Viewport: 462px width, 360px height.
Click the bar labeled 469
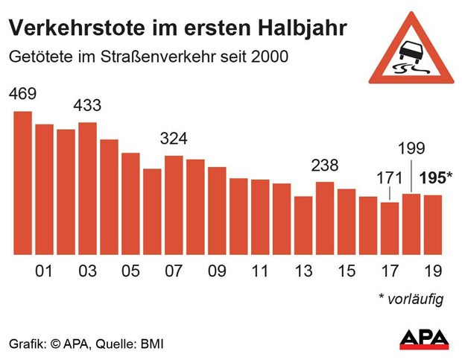click(x=23, y=183)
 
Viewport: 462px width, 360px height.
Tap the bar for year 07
click(x=174, y=205)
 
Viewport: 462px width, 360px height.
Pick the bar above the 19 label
click(x=433, y=224)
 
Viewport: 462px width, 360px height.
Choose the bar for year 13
click(x=303, y=225)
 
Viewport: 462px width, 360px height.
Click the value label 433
click(x=87, y=105)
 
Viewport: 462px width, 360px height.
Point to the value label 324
click(x=174, y=139)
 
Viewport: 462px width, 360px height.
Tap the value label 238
click(x=325, y=165)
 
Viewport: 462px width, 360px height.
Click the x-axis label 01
click(x=45, y=271)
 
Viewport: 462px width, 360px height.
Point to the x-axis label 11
click(x=260, y=271)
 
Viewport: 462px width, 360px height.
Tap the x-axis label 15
click(x=346, y=271)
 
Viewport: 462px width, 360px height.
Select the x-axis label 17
click(x=390, y=271)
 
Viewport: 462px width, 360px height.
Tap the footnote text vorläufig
click(x=416, y=300)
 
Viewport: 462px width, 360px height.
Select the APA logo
click(x=424, y=339)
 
